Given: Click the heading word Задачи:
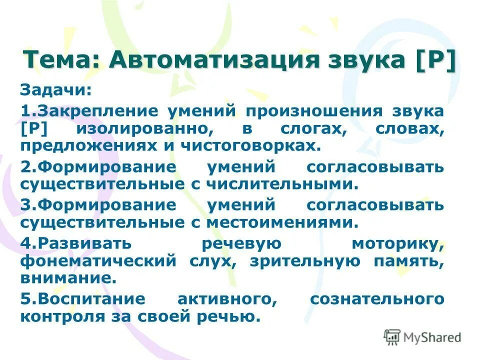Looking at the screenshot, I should click(55, 91).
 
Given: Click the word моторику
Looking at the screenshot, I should click(397, 243).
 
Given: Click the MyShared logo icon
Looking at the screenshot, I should click(392, 337).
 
